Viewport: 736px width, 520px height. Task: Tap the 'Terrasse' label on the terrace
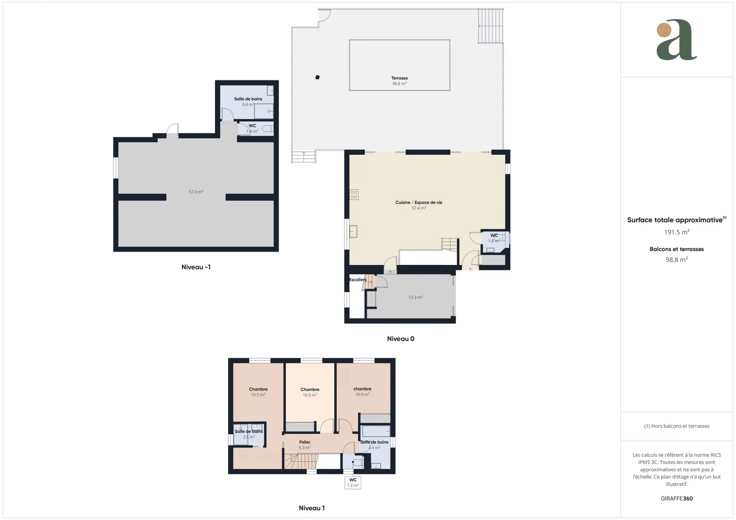(399, 78)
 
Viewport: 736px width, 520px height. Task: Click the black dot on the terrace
(317, 78)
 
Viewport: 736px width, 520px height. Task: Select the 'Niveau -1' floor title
(196, 267)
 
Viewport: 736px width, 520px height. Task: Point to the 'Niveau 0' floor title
(401, 339)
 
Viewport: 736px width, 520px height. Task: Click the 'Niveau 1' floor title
(312, 508)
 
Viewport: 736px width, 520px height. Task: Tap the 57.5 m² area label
(196, 192)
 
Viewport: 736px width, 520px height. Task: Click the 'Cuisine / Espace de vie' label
(419, 203)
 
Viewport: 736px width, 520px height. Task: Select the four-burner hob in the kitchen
(354, 195)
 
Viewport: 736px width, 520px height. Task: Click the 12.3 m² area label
(416, 297)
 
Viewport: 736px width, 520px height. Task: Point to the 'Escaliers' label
(357, 279)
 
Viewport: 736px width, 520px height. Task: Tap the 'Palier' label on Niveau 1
(305, 442)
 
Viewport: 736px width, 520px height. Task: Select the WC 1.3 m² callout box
(353, 483)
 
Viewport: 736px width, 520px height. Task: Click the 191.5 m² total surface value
(677, 232)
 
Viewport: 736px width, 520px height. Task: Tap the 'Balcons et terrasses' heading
(677, 249)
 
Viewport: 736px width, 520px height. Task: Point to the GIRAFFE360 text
(677, 498)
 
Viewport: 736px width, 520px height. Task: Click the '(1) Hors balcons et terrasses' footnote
(677, 426)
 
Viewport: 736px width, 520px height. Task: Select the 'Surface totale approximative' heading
(675, 220)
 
